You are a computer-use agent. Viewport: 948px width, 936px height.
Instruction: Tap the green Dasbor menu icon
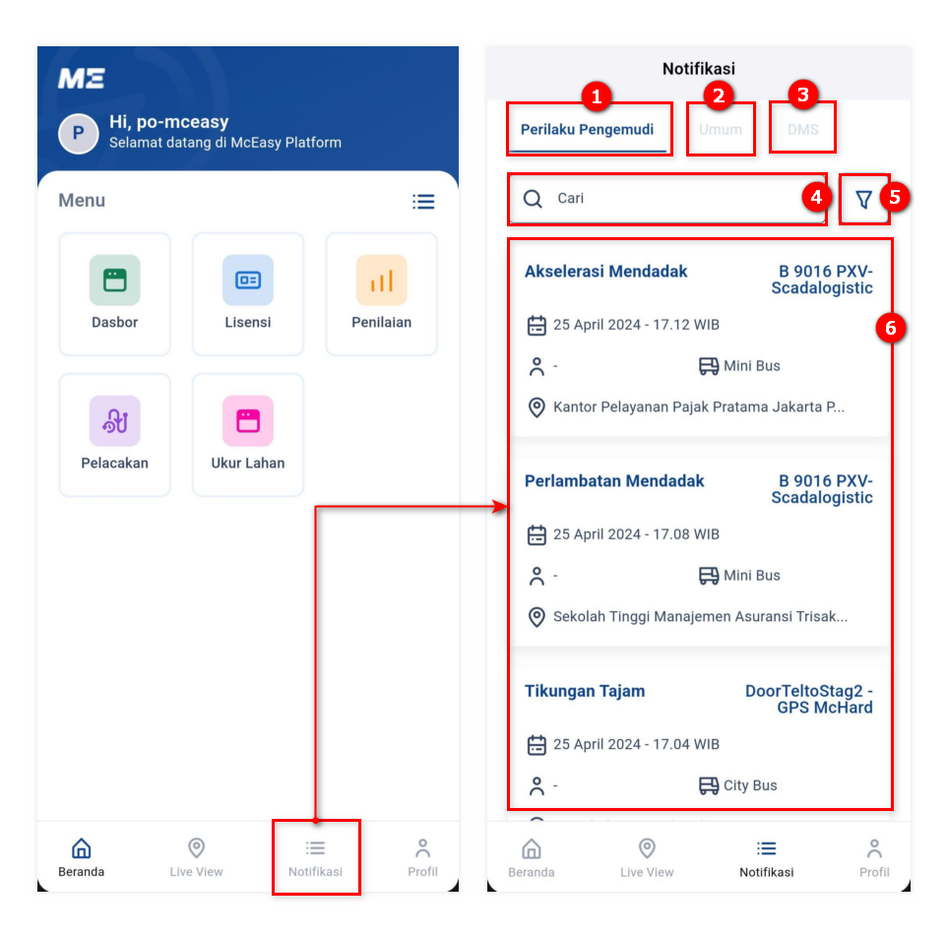click(x=115, y=281)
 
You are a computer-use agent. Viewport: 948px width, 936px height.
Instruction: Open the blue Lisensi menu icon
click(x=248, y=281)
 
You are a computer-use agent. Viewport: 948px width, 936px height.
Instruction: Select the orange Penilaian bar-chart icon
click(x=382, y=281)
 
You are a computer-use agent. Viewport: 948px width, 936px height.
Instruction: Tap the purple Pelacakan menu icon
click(x=115, y=421)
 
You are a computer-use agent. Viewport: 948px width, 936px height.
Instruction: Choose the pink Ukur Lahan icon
click(x=248, y=421)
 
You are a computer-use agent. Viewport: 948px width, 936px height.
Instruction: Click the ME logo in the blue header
click(x=82, y=79)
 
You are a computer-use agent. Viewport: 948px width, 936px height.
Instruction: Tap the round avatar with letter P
click(x=79, y=134)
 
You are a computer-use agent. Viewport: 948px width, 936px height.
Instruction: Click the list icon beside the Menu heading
click(x=423, y=202)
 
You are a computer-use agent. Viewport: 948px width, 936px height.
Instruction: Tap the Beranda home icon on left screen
click(x=81, y=847)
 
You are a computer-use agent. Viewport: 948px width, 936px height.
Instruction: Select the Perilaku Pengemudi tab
click(x=587, y=129)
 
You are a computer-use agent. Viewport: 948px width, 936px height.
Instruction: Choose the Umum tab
click(x=720, y=129)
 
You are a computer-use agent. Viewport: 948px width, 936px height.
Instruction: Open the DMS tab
click(x=803, y=129)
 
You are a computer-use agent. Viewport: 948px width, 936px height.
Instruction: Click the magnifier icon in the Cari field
click(x=533, y=199)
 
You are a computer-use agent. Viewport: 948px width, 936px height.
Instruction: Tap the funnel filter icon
click(x=864, y=199)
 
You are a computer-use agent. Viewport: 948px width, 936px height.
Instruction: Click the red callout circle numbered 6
click(x=891, y=328)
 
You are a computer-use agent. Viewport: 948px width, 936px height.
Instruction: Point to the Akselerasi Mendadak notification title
click(x=605, y=272)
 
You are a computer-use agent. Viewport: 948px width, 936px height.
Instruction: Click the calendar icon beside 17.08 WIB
click(x=537, y=534)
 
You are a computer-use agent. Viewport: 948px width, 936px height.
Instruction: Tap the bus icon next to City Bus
click(x=709, y=785)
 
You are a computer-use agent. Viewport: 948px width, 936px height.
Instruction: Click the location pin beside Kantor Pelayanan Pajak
click(x=537, y=406)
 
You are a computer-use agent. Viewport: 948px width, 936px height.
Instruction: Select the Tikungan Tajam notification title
click(x=585, y=691)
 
